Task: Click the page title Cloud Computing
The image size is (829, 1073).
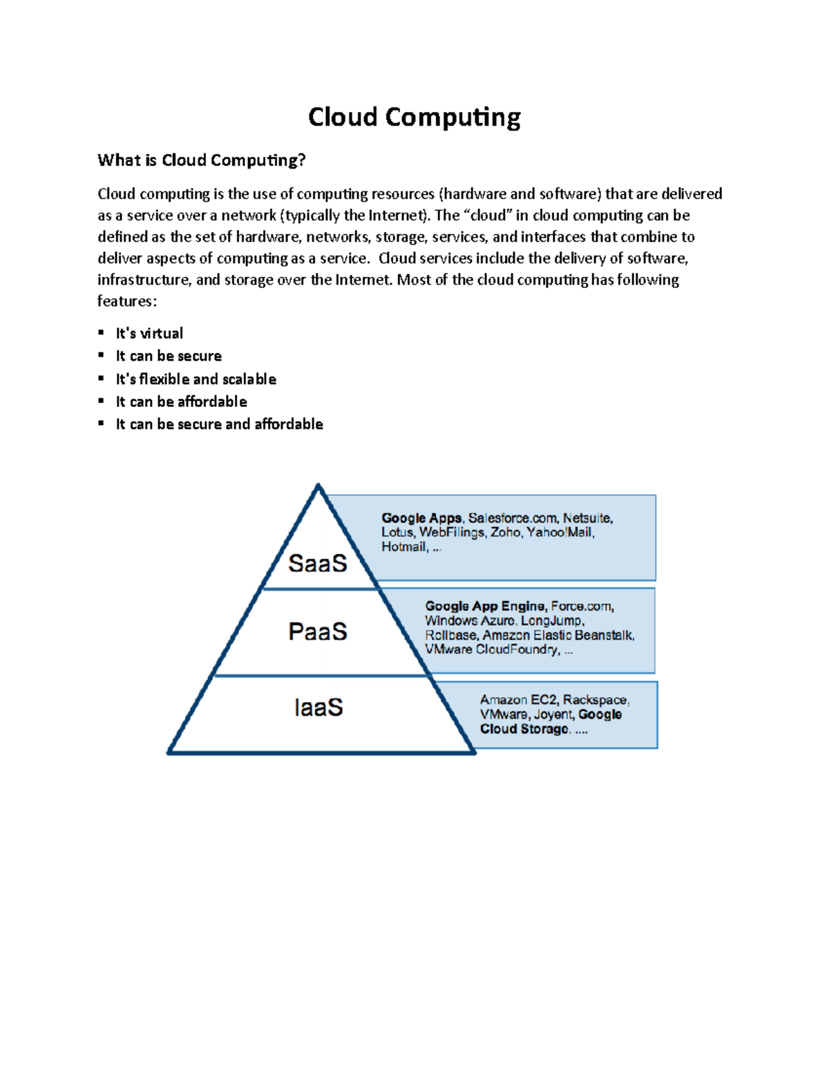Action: click(x=414, y=117)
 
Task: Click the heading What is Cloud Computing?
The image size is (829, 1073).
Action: click(x=201, y=160)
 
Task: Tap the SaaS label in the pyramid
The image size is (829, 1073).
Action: click(x=317, y=564)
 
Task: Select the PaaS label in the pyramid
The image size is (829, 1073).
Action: click(x=317, y=632)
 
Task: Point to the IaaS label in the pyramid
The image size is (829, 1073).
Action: click(x=318, y=708)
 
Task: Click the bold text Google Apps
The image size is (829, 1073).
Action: click(x=421, y=518)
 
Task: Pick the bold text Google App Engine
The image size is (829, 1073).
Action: click(x=485, y=606)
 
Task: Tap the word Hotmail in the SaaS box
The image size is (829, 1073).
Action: click(x=403, y=547)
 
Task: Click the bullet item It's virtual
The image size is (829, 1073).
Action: click(x=149, y=334)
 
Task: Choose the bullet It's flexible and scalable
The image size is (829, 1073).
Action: click(x=196, y=379)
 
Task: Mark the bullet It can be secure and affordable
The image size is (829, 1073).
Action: click(x=219, y=424)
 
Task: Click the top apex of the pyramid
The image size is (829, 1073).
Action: click(x=318, y=486)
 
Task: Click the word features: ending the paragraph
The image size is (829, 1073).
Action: click(x=127, y=301)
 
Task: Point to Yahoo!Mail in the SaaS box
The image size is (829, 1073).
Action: click(x=560, y=533)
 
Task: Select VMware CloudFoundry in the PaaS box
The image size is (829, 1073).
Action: click(x=492, y=649)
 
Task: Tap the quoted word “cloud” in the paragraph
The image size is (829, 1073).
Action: click(x=488, y=216)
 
